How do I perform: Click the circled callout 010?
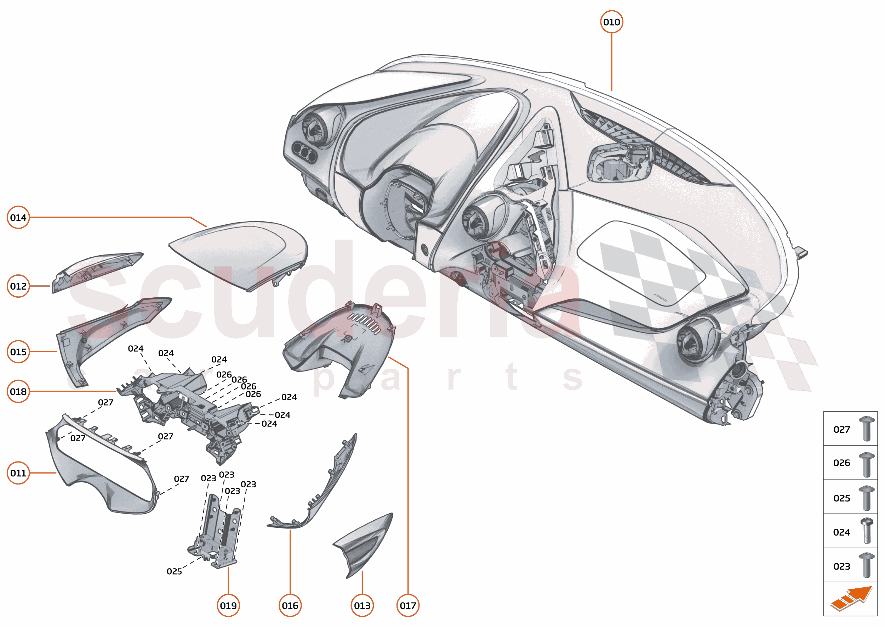coord(612,22)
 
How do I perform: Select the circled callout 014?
coord(18,217)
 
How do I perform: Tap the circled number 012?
coord(18,286)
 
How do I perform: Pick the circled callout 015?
coord(18,352)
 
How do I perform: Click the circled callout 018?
coord(18,392)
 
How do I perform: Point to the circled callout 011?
coord(18,473)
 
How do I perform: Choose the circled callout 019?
coord(228,605)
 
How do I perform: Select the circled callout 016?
coord(290,605)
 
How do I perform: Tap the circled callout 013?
coord(362,605)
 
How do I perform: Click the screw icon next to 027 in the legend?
coord(867,429)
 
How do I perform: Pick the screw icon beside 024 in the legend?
coord(867,531)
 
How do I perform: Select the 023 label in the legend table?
coord(841,566)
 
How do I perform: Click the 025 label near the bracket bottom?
coord(174,571)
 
